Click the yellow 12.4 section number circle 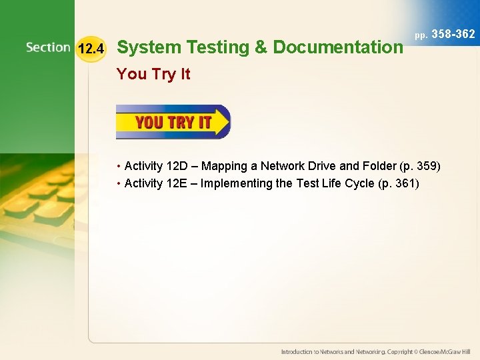tap(91, 48)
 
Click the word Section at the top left tap(48, 47)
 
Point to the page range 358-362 tap(453, 34)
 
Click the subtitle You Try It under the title tap(153, 74)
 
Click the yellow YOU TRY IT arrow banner tap(173, 122)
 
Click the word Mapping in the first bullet tap(231, 166)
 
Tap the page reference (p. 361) tap(399, 183)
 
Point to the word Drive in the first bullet tap(326, 166)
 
